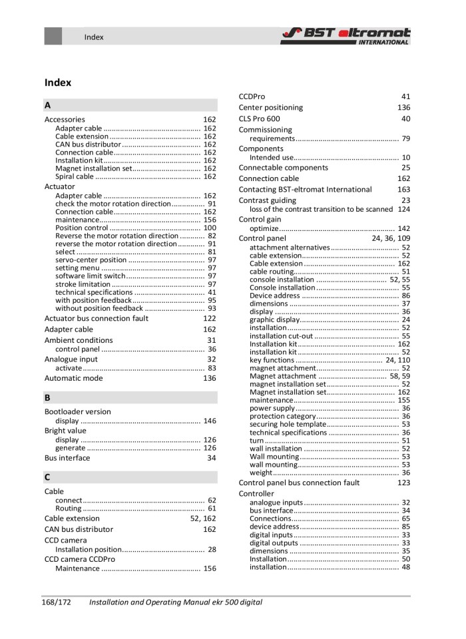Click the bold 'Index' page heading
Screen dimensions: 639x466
coord(58,83)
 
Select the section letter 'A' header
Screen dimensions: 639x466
coord(48,105)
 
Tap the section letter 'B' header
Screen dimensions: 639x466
coord(48,397)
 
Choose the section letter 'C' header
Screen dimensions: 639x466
coord(48,477)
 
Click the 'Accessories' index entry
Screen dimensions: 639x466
coord(65,120)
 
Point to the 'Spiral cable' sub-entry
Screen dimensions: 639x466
coord(75,177)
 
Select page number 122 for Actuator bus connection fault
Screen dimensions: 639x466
coord(209,319)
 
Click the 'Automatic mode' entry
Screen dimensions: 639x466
coord(73,378)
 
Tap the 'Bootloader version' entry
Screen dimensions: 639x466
coord(77,411)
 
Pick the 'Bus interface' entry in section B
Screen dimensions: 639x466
coord(67,458)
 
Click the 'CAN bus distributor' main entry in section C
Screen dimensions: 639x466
coord(79,529)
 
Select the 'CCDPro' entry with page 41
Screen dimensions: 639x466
coord(252,97)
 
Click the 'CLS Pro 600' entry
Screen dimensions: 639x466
coord(259,118)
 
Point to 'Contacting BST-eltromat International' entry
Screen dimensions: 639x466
coord(305,189)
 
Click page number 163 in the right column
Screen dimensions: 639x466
coord(403,189)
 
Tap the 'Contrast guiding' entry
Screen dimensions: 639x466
coord(268,200)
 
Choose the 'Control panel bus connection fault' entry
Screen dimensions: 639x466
coord(299,483)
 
